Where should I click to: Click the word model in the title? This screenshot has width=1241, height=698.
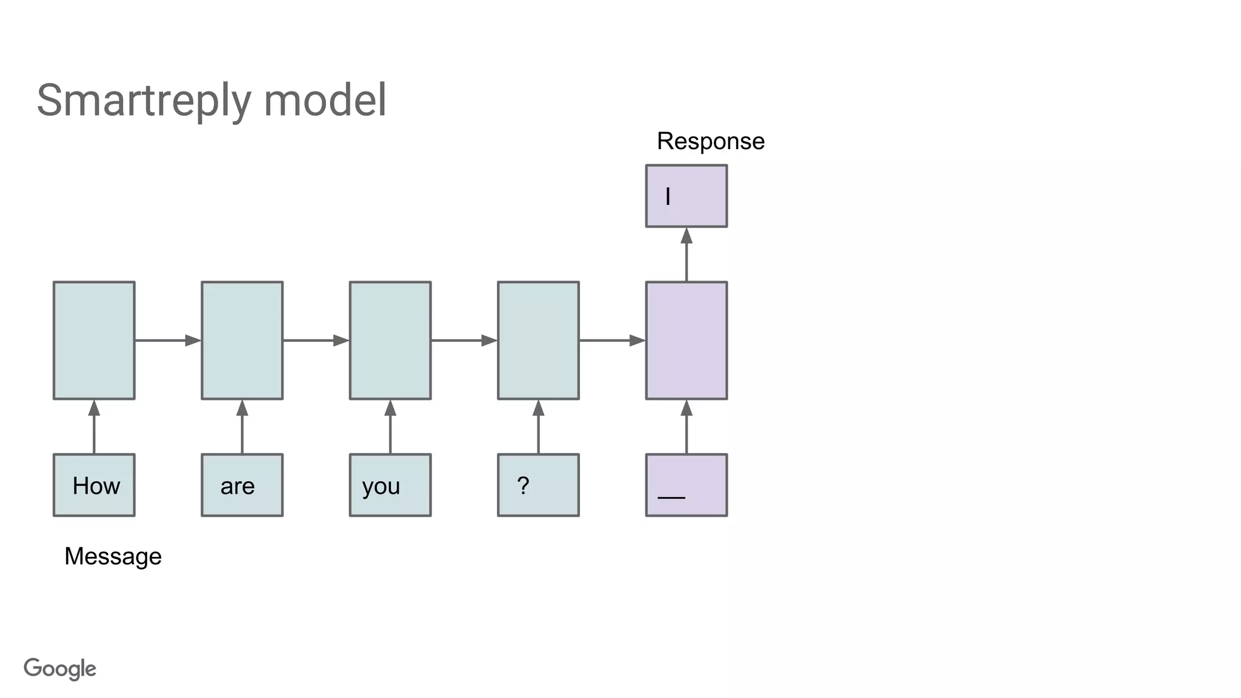click(325, 101)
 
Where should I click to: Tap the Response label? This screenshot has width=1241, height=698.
click(710, 141)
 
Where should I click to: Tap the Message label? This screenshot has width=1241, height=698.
click(113, 556)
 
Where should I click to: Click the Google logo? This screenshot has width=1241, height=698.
click(60, 669)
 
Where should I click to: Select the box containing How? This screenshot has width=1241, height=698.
click(94, 485)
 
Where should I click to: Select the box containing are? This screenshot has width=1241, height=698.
click(242, 485)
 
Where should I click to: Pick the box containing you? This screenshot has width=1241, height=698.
click(390, 485)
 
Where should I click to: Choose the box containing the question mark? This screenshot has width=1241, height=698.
click(538, 485)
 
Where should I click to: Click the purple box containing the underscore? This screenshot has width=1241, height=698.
click(686, 485)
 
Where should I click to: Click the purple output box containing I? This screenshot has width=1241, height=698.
click(686, 196)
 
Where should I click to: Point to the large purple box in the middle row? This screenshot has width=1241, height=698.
click(686, 341)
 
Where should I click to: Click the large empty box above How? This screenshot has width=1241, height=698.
click(94, 341)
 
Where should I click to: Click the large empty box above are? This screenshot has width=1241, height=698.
click(242, 341)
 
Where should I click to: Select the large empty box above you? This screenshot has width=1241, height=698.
click(390, 341)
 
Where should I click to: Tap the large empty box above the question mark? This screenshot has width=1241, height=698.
click(538, 341)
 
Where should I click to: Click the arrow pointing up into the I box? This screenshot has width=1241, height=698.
click(686, 254)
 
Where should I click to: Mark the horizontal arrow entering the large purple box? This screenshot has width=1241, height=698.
click(612, 341)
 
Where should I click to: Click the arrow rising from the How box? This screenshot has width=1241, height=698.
click(94, 427)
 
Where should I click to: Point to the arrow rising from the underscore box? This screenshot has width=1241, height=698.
click(686, 427)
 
